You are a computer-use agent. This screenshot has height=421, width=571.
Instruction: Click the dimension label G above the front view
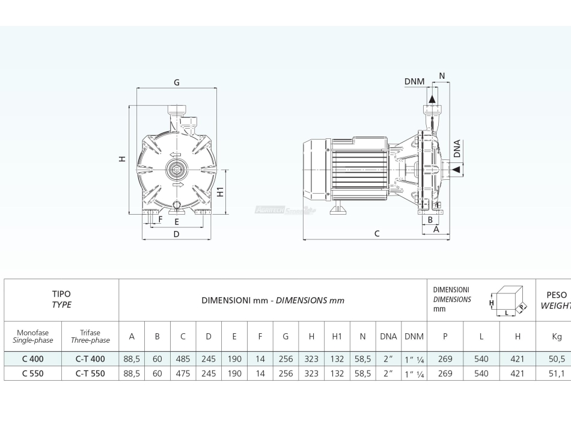coord(177,82)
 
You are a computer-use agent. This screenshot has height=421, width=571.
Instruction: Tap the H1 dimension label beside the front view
coord(221,192)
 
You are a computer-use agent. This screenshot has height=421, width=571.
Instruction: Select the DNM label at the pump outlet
coord(414,82)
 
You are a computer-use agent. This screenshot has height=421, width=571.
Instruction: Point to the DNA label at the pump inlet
coord(457,149)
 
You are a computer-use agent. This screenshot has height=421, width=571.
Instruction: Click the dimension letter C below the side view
coord(377,233)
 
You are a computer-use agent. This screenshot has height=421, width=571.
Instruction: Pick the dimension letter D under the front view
coord(176,234)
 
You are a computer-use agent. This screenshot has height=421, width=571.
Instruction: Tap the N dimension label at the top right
coord(442,76)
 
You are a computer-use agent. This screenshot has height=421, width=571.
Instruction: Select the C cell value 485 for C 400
coord(183,358)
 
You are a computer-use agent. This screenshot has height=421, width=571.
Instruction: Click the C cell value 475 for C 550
coord(183,373)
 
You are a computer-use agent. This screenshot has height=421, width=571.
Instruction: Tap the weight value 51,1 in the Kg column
coord(557,373)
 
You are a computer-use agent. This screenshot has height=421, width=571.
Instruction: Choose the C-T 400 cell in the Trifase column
coord(90,358)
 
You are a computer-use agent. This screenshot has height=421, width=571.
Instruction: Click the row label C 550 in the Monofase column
coord(32,373)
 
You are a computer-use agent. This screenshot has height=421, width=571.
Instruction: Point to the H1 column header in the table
coord(337,337)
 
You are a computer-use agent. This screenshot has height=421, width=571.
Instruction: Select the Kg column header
coord(557,337)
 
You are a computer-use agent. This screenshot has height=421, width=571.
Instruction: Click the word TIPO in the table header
coord(61,294)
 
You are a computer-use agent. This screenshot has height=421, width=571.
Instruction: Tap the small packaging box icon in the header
coord(508,300)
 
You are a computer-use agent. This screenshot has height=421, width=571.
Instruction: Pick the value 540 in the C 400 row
coord(481,358)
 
